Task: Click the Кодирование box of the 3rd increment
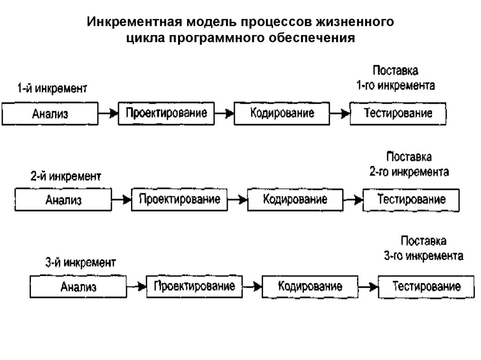point(310,286)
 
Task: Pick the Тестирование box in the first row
point(398,114)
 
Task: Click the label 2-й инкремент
point(66,177)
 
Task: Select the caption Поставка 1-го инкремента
point(395,78)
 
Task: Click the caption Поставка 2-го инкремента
point(409,164)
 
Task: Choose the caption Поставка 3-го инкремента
point(424,249)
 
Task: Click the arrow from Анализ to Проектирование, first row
point(108,114)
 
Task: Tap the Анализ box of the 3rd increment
point(78,287)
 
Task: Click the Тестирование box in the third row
point(426,286)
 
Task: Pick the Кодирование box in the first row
point(281,114)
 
